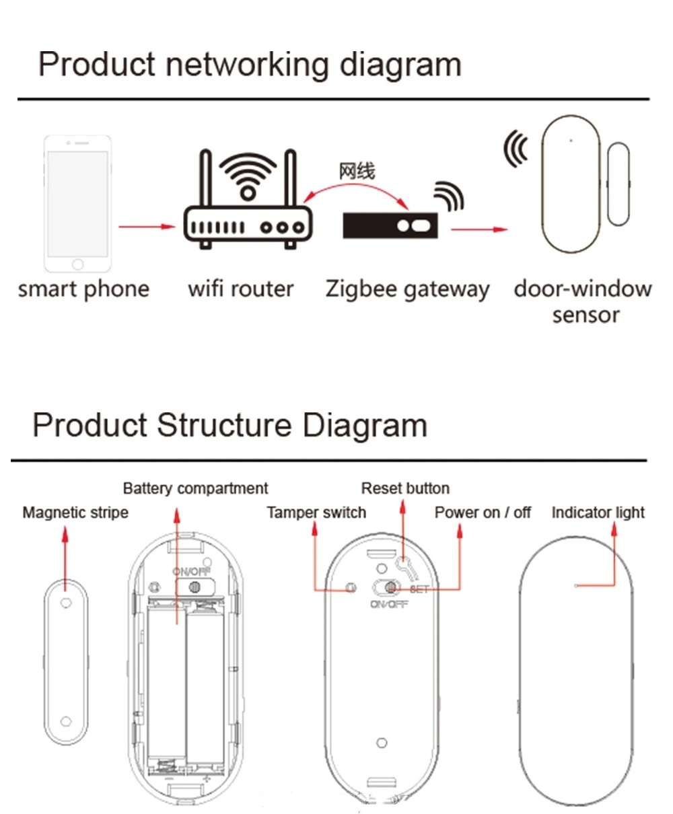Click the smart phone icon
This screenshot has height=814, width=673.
77,203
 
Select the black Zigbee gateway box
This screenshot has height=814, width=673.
390,225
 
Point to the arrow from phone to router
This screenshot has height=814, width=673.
146,227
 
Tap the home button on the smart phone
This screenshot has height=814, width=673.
77,264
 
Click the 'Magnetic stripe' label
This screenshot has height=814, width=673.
75,513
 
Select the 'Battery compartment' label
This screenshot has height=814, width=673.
195,488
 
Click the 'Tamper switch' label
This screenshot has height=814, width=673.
316,513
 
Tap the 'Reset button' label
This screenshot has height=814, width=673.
405,488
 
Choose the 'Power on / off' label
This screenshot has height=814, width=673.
483,513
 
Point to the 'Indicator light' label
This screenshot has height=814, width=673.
598,513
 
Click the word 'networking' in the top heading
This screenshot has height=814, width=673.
246,65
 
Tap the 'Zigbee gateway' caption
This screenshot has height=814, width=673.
407,289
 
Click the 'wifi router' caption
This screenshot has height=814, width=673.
241,289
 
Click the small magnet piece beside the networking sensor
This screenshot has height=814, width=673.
618,184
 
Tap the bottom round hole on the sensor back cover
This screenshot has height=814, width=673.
382,743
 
